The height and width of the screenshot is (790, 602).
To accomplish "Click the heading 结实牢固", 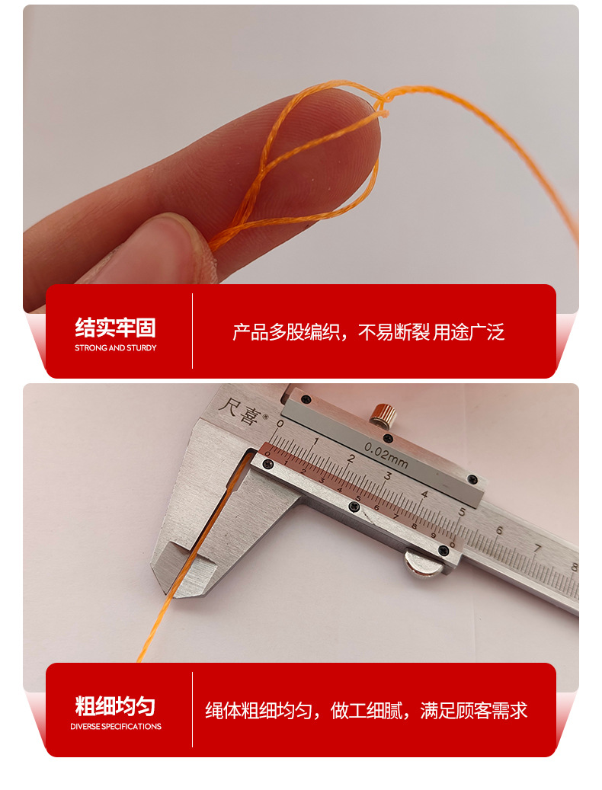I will [x=115, y=328].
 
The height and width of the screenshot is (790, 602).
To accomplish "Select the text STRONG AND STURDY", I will [x=115, y=348].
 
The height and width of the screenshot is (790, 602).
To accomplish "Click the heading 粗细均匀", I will [x=115, y=705].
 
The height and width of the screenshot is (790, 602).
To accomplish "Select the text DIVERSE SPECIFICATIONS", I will [x=115, y=727].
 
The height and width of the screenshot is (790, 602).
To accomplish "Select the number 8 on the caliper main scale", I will [x=573, y=566].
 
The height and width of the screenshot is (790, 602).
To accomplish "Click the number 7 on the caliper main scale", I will [x=537, y=548].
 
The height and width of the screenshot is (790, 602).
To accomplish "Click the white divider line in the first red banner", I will [x=192, y=331].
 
